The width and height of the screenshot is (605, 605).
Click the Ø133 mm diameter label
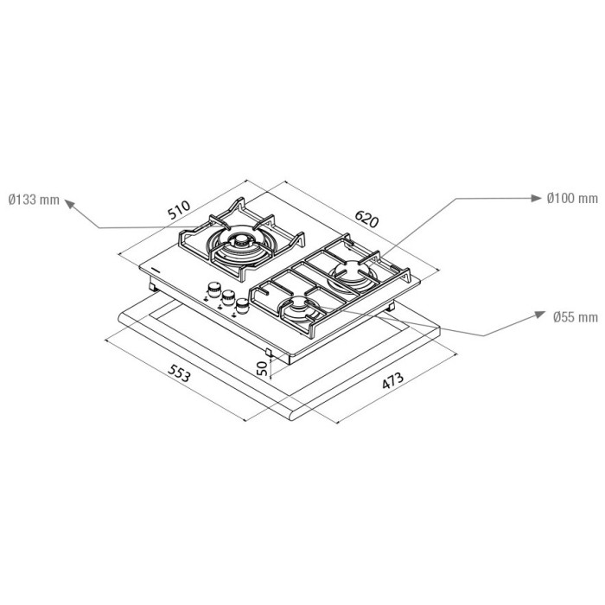coord(34,200)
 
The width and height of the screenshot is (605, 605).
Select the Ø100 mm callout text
coord(572,198)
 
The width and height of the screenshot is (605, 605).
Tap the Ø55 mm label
coord(575,317)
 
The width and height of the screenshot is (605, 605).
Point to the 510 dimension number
coord(179,209)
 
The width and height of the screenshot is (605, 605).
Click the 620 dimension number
coord(366,219)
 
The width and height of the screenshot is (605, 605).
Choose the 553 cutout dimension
coord(179,373)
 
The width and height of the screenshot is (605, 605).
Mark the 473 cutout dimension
coord(392,380)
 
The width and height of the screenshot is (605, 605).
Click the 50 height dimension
coord(262,368)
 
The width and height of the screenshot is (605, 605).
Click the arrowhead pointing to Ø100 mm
coord(537,198)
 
